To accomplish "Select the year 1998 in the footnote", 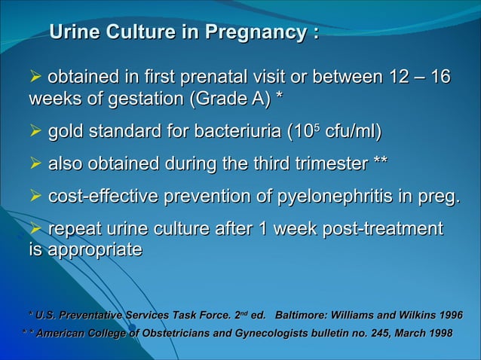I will point(436,334).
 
